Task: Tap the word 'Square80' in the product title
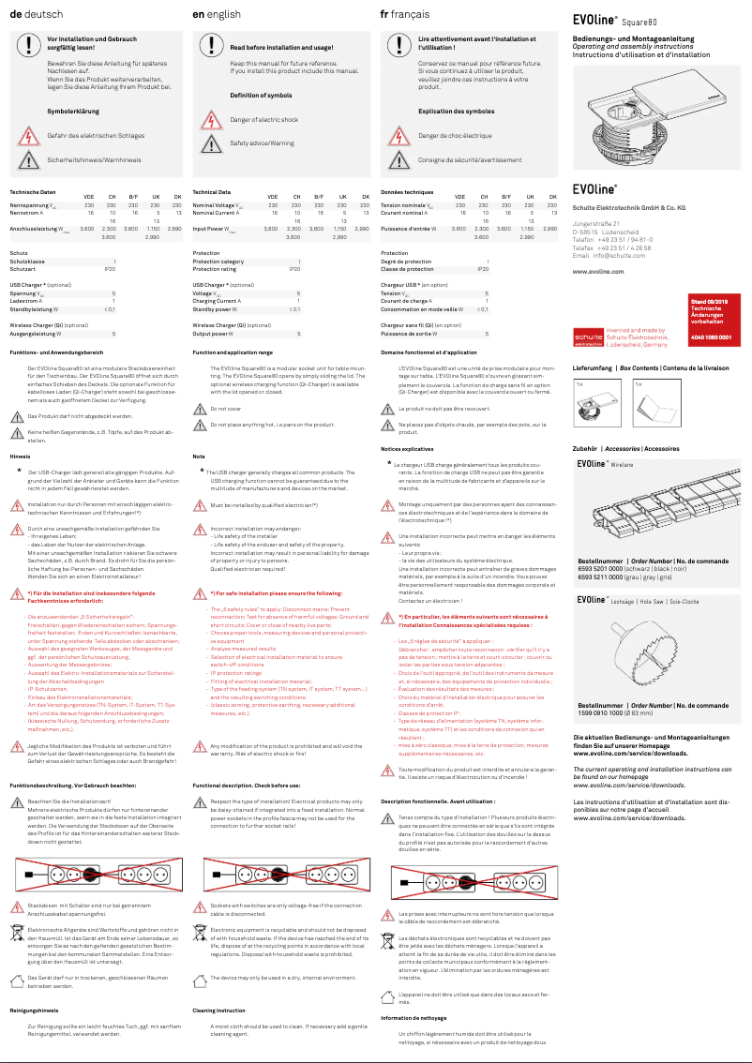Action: pos(639,21)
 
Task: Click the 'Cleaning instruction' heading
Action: pos(219,1011)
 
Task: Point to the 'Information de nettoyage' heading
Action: pos(414,1017)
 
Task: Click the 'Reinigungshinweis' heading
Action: pos(34,1011)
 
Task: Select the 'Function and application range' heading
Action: pos(232,352)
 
